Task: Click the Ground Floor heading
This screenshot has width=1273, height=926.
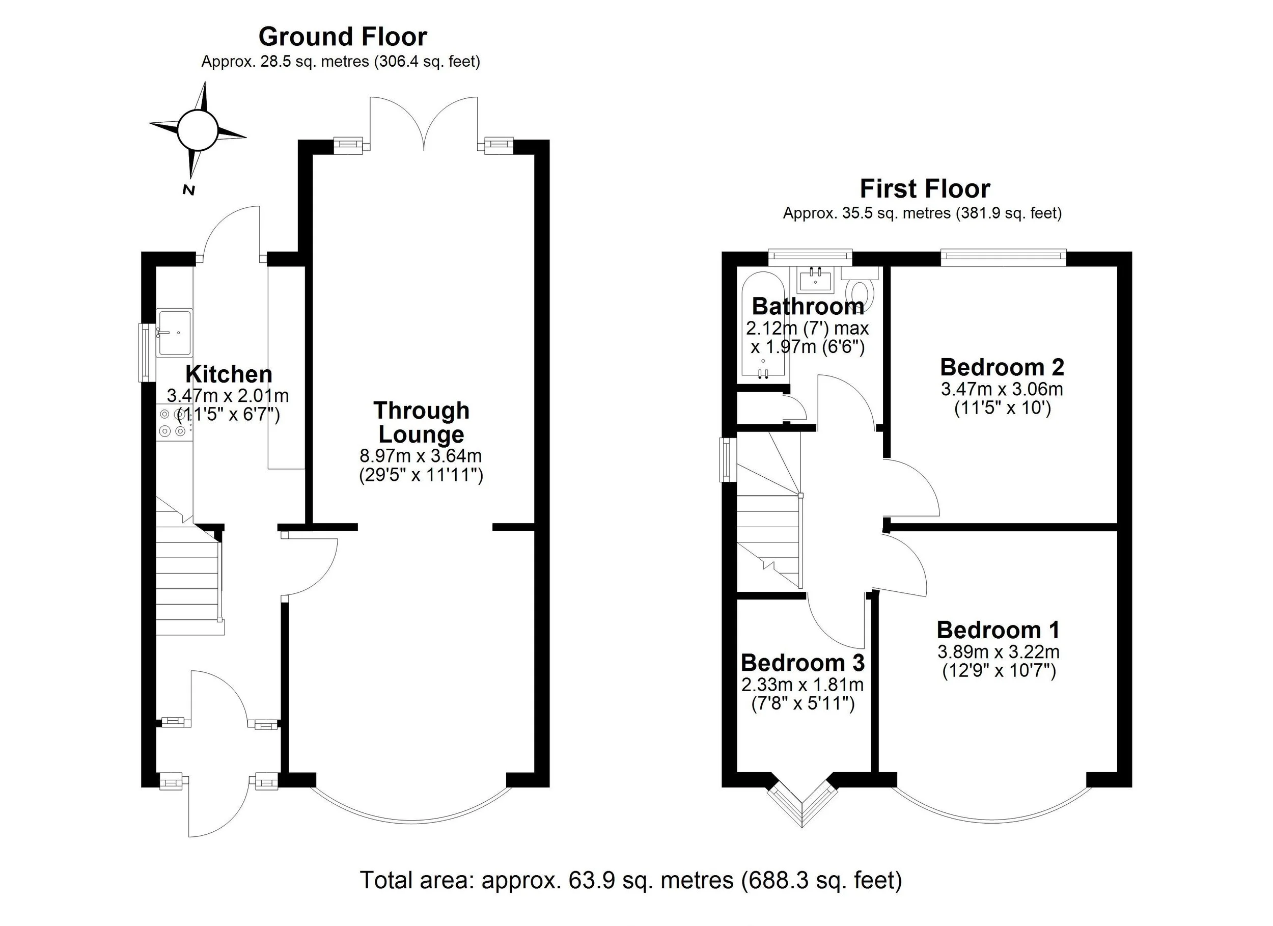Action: pyautogui.click(x=342, y=37)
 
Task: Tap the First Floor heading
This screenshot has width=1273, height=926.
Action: pyautogui.click(x=924, y=188)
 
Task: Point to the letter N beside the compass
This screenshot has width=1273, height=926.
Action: pyautogui.click(x=188, y=190)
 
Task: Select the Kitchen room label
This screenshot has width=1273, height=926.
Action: pyautogui.click(x=229, y=374)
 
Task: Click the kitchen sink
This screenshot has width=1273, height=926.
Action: pyautogui.click(x=175, y=333)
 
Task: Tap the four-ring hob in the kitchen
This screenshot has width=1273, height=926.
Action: pyautogui.click(x=172, y=423)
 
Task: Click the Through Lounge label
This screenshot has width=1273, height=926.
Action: pyautogui.click(x=421, y=422)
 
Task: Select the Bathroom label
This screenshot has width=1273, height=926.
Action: pyautogui.click(x=808, y=306)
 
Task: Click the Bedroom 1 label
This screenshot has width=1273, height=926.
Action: pyautogui.click(x=998, y=630)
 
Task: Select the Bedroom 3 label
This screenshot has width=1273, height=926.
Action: pyautogui.click(x=802, y=663)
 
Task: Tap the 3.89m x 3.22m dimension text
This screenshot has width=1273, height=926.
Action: pyautogui.click(x=998, y=652)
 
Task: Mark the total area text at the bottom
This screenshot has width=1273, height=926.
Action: pyautogui.click(x=630, y=880)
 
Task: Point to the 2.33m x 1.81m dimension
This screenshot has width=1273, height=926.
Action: pyautogui.click(x=802, y=685)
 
